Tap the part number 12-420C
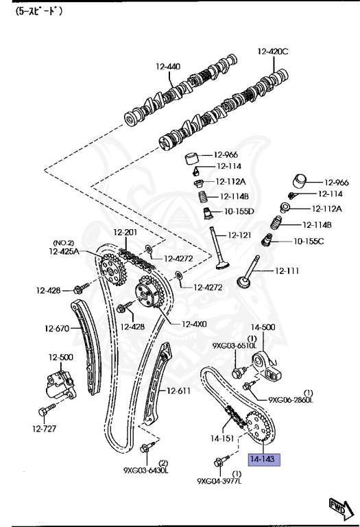(273, 51)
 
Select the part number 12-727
(44, 430)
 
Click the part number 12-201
(125, 233)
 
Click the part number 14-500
(262, 328)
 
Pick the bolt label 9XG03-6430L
(145, 470)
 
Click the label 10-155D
(239, 211)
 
